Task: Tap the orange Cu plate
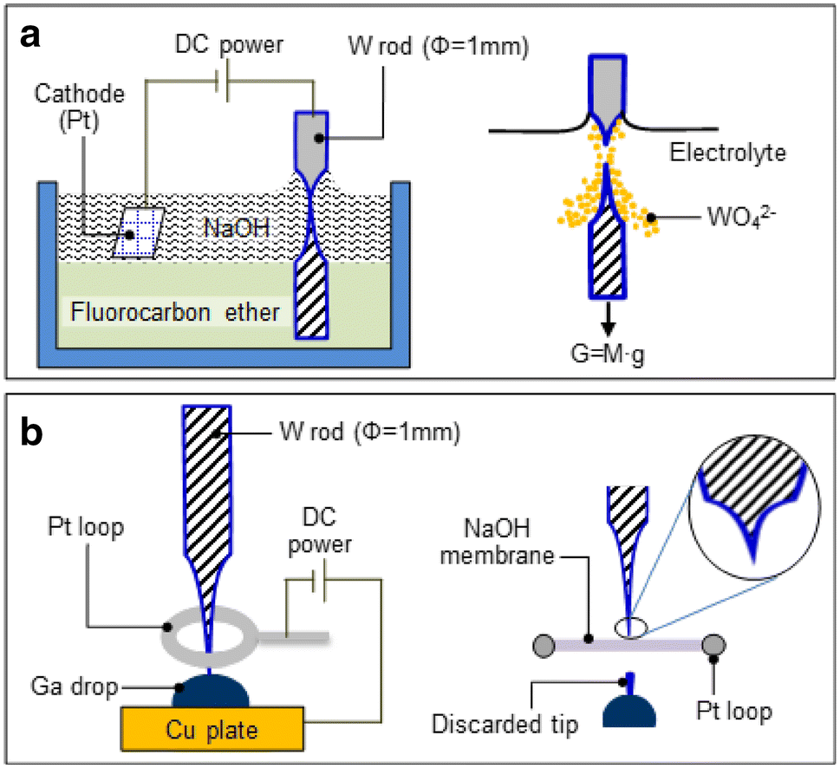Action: [x=212, y=730]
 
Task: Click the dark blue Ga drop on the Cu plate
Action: [x=211, y=689]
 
